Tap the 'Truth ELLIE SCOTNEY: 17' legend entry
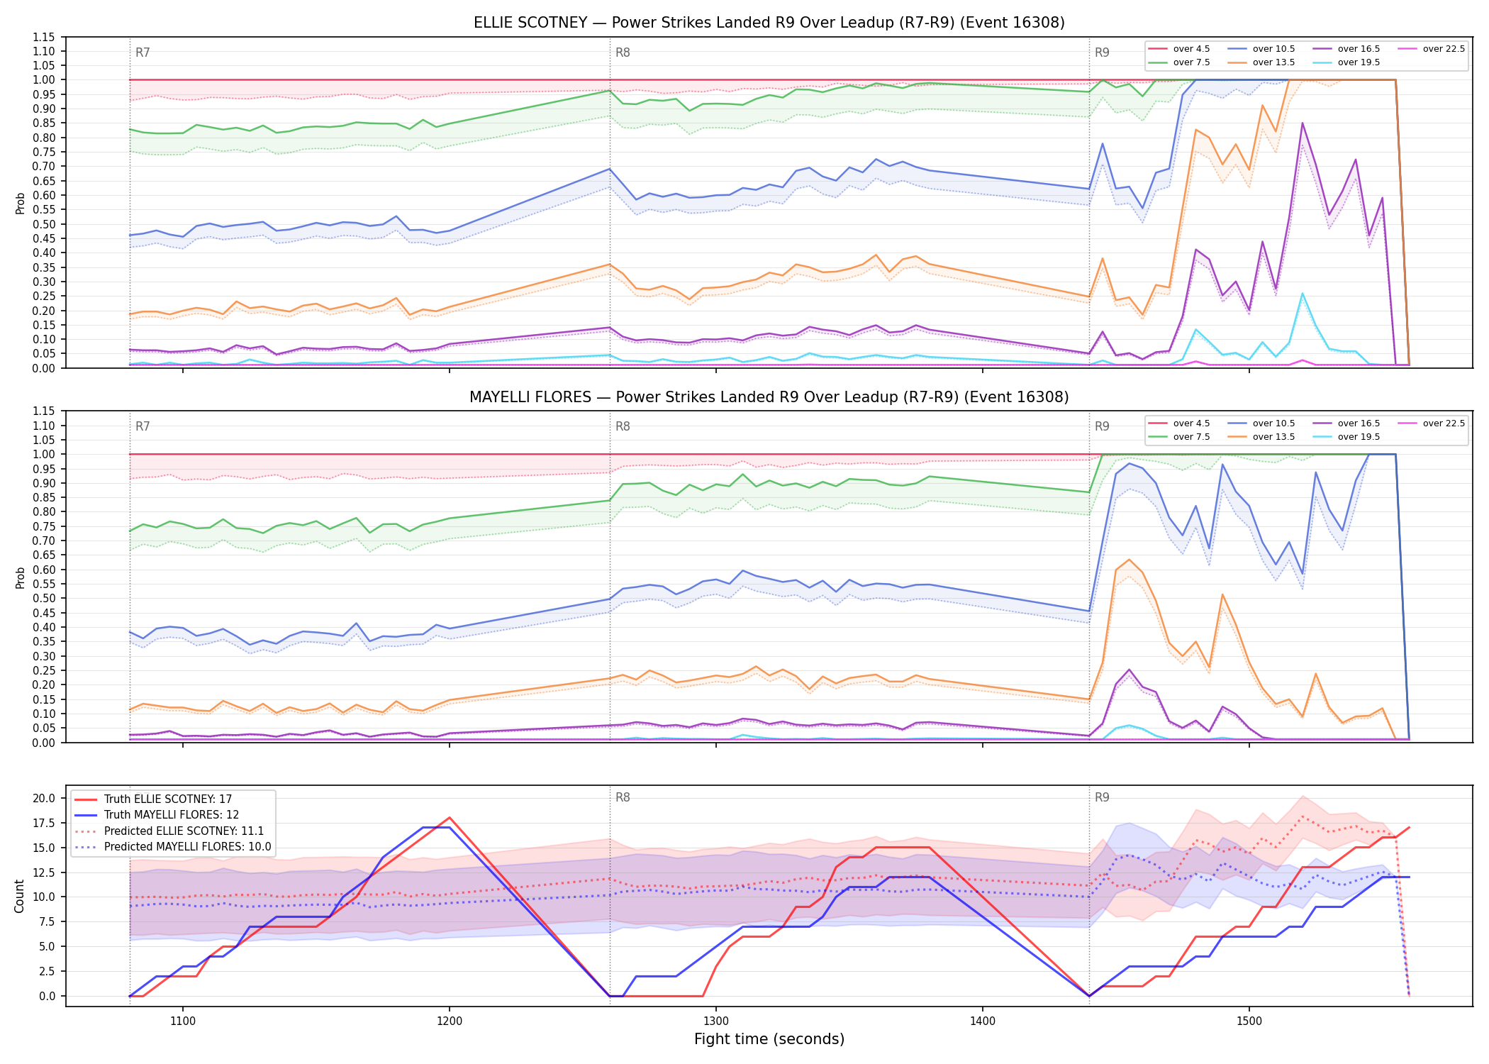153,799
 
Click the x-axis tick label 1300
715,1021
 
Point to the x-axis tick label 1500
1249,1021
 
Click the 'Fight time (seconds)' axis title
769,1039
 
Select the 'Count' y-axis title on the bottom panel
19,896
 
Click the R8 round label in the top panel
623,52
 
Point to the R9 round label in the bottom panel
1102,797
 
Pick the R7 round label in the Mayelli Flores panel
143,426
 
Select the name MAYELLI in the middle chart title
501,397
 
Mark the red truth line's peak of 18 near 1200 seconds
450,818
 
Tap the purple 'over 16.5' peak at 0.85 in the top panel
1302,123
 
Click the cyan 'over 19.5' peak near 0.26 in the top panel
1302,293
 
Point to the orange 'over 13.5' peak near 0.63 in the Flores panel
1129,560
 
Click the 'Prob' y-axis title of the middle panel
20,577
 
